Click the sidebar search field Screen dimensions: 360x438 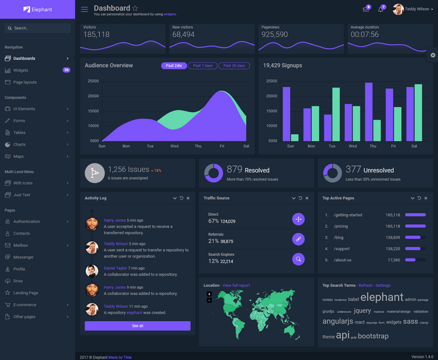pyautogui.click(x=38, y=28)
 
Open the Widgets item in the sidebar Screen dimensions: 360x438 pyautogui.click(x=21, y=70)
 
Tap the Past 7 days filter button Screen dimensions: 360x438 pyautogui.click(x=202, y=66)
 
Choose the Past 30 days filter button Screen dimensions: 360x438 pyautogui.click(x=235, y=66)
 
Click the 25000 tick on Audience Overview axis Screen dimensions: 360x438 pyautogui.click(x=93, y=81)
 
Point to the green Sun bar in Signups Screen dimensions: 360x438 pyautogui.click(x=295, y=137)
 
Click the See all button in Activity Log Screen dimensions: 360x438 pyautogui.click(x=138, y=326)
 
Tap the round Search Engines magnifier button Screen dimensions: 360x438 pyautogui.click(x=298, y=259)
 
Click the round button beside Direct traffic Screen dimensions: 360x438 pyautogui.click(x=298, y=219)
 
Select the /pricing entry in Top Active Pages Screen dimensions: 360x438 pyautogui.click(x=340, y=226)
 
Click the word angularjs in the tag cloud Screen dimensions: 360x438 pyautogui.click(x=337, y=322)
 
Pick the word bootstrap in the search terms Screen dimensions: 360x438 pyautogui.click(x=373, y=336)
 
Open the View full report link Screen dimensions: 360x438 pyautogui.click(x=236, y=285)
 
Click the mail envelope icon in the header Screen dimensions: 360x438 pyautogui.click(x=365, y=9)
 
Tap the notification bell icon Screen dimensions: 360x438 pyautogui.click(x=380, y=9)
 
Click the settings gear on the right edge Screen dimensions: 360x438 pyautogui.click(x=432, y=55)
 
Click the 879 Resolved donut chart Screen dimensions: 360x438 pyautogui.click(x=213, y=173)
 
